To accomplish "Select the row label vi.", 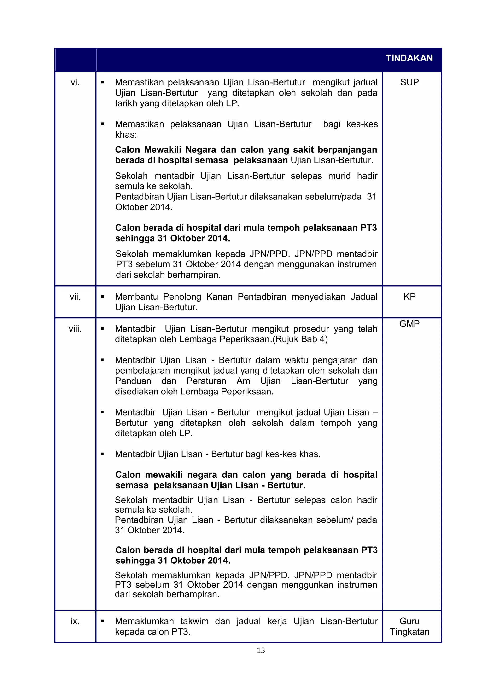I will [75, 82].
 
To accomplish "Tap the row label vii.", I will [75, 297].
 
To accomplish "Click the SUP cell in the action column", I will [409, 82].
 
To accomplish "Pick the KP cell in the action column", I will [409, 297].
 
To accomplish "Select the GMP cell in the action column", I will [409, 324].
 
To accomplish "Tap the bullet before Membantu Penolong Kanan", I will [103, 297].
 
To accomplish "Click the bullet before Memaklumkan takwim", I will [103, 621].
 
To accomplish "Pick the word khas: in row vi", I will [126, 135].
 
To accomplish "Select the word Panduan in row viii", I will [133, 381].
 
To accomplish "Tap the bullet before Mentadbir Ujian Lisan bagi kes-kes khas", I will [103, 454].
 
